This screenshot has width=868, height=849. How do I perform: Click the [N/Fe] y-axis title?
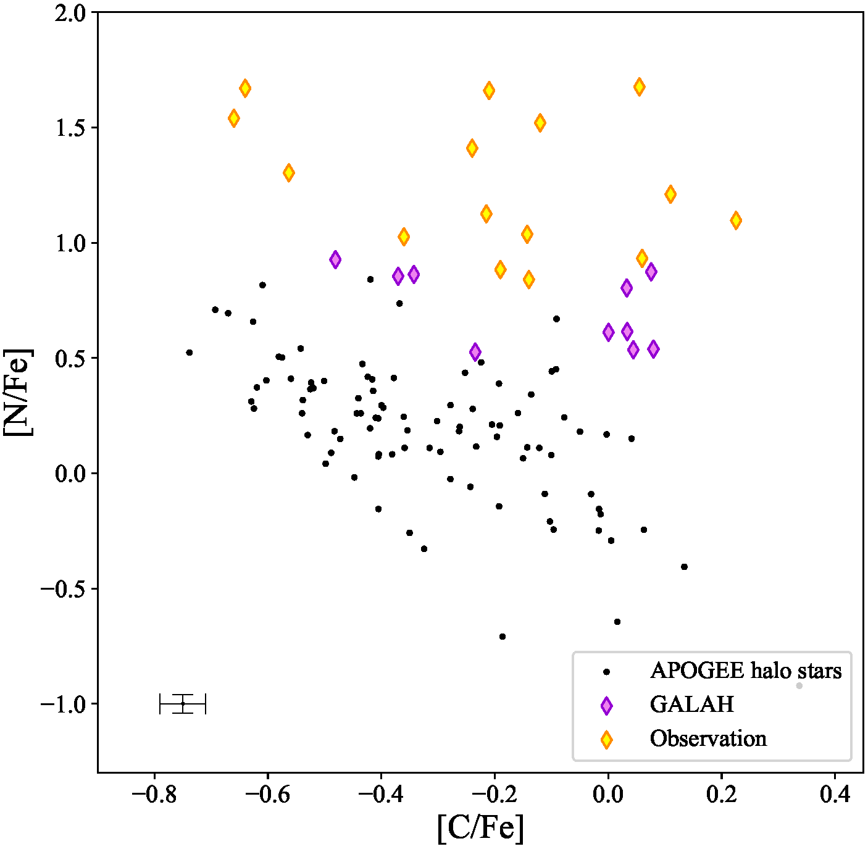click(x=19, y=392)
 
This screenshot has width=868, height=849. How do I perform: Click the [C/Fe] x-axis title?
click(x=480, y=827)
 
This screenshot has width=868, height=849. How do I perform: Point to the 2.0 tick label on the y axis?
click(x=72, y=13)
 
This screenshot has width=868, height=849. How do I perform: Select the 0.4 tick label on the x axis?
click(x=835, y=794)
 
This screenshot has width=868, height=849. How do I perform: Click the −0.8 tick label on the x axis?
click(x=154, y=794)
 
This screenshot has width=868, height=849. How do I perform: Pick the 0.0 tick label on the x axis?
click(x=608, y=794)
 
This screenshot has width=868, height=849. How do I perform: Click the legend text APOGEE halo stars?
click(x=746, y=671)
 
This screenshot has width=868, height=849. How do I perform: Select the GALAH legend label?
click(x=692, y=705)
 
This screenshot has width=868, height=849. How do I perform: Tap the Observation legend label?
click(x=708, y=739)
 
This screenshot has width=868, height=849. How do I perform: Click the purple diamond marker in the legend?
click(x=607, y=706)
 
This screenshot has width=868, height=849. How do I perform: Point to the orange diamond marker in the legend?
click(x=607, y=740)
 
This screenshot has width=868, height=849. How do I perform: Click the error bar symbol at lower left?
click(x=183, y=704)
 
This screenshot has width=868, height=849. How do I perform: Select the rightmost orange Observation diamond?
click(x=736, y=220)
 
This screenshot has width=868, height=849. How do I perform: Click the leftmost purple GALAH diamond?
click(x=335, y=260)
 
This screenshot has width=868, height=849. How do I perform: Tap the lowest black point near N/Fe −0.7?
click(x=503, y=637)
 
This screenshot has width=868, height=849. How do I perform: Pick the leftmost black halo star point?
click(x=190, y=353)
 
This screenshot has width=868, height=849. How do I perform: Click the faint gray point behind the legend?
click(x=799, y=686)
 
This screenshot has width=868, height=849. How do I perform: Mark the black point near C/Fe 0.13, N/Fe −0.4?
click(x=684, y=567)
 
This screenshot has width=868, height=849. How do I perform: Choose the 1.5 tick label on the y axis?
click(x=72, y=128)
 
